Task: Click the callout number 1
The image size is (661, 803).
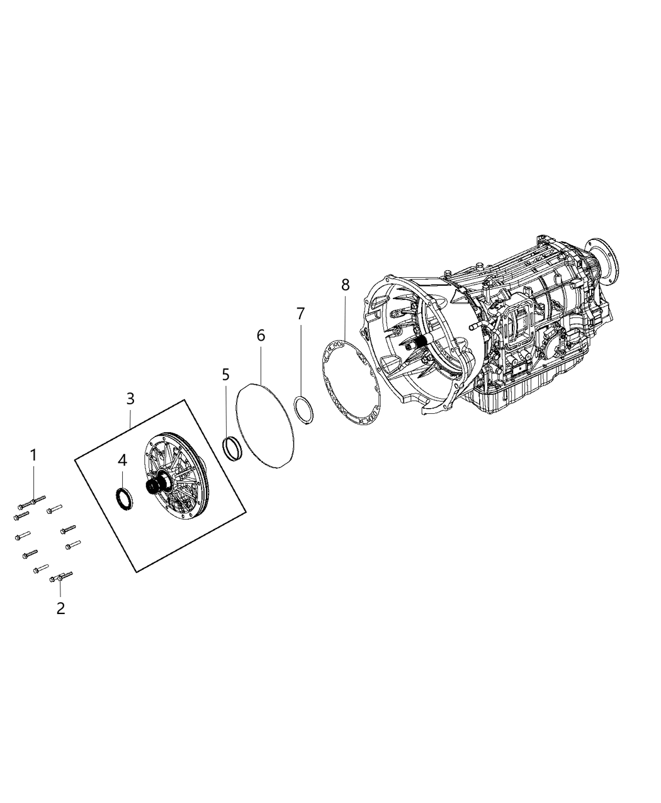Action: (34, 455)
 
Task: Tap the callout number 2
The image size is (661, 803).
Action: (60, 608)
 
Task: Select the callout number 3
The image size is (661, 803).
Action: (130, 399)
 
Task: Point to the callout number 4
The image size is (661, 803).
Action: (122, 460)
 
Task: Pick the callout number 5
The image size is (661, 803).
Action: (226, 375)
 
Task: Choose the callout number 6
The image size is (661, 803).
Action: (261, 336)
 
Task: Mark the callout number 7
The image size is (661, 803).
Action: (300, 313)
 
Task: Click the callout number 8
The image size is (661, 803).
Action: (345, 284)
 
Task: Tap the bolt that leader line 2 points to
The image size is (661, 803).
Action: (61, 576)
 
